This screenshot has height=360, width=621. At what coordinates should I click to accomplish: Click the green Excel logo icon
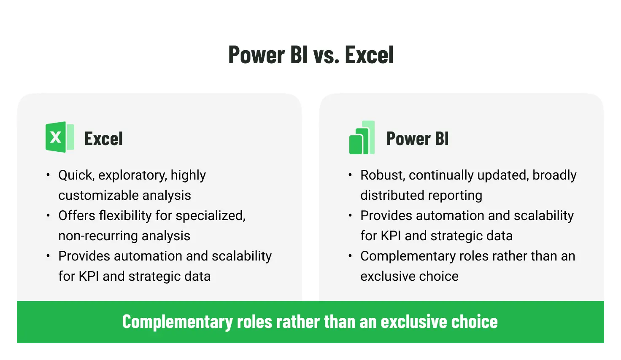coord(59,137)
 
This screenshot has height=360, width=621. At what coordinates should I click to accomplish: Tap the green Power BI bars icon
coord(362,137)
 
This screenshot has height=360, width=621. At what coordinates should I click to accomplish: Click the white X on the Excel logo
coord(55,137)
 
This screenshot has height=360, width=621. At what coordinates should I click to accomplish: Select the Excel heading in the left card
coord(103,138)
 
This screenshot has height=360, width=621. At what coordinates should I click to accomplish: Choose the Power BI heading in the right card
coord(417,138)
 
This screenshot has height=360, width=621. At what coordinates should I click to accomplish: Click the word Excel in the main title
coord(369,54)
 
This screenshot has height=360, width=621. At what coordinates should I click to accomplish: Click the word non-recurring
coord(98,236)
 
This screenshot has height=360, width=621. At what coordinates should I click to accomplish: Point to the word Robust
coord(383,175)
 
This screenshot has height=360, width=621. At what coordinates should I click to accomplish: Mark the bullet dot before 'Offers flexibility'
coord(48,215)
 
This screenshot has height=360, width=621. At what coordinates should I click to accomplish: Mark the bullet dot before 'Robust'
coord(350,175)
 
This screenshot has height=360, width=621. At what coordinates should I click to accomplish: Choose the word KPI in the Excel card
coord(89,277)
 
